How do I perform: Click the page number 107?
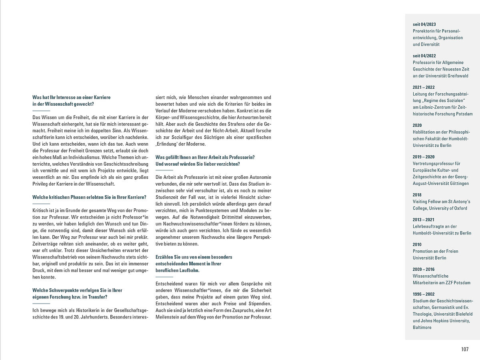coord(464,349)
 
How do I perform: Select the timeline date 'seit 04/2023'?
coord(424,24)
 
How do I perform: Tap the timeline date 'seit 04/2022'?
coord(424,56)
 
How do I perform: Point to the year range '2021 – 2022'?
coord(424,87)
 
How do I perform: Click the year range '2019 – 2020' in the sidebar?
coord(424,157)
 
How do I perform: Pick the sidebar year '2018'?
coord(417,195)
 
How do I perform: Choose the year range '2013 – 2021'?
coord(424,220)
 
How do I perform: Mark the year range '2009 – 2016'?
coord(424,269)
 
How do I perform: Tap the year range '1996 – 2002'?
coord(424,294)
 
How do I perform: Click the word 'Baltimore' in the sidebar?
coord(422,327)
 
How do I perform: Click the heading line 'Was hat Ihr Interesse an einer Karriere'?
coord(72,97)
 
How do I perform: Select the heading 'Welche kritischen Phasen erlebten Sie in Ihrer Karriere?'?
coord(89,197)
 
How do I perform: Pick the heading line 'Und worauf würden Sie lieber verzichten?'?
coord(198,164)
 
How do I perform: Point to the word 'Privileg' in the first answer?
coord(40,184)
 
